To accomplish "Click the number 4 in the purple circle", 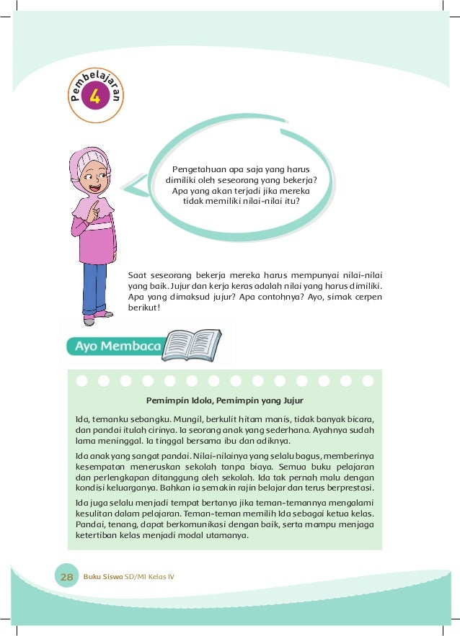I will tap(94, 97).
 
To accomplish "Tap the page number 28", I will tap(67, 577).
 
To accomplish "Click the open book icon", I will tap(191, 344).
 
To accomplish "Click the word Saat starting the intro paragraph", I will tap(138, 274).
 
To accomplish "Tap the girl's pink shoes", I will tap(98, 315).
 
